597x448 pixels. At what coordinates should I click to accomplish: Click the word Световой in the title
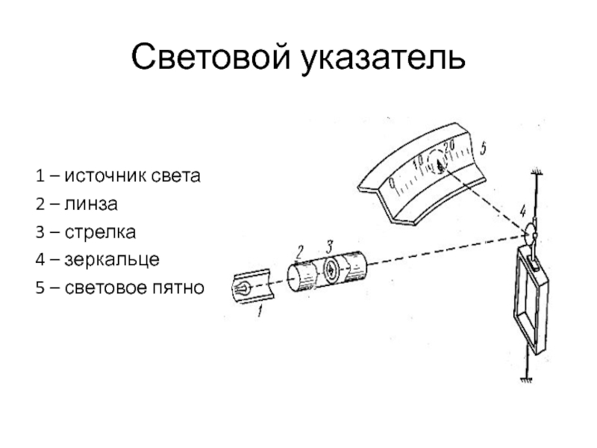tap(210, 57)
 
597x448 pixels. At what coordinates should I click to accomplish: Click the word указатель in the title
tap(383, 57)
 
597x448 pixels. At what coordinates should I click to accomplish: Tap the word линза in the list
tap(91, 204)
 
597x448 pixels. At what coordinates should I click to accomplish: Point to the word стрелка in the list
tap(100, 232)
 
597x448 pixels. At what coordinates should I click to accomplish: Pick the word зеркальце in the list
tap(112, 260)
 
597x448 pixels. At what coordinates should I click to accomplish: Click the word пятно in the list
tap(178, 288)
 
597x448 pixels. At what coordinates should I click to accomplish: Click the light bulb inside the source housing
tap(242, 288)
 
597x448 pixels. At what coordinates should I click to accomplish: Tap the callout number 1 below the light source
tap(260, 311)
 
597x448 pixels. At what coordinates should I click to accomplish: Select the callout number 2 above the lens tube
tap(300, 252)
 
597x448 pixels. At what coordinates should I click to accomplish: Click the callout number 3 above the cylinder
tap(329, 246)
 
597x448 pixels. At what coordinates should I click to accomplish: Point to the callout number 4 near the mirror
tap(524, 210)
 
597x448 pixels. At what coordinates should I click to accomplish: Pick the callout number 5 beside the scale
tap(483, 148)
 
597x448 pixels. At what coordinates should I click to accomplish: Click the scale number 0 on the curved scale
tap(393, 184)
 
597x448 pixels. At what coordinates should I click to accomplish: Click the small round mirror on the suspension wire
tap(530, 232)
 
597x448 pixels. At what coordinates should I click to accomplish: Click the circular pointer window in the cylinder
tap(331, 269)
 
